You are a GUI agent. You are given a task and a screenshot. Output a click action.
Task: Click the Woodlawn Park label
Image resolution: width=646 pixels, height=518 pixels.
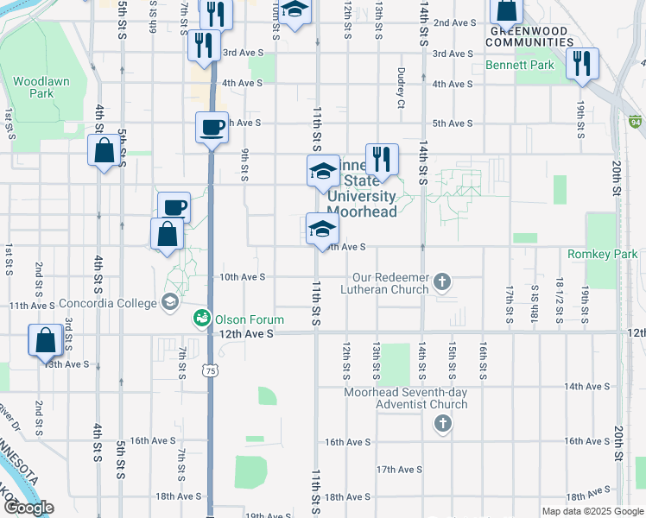(x=34, y=87)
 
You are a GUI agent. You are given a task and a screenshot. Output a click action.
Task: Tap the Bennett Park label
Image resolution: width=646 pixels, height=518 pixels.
(x=508, y=65)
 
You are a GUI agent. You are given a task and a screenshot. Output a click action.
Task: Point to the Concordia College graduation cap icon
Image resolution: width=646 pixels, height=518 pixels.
(x=170, y=303)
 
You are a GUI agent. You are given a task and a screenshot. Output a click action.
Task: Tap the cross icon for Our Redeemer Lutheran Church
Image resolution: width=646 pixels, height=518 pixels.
(x=442, y=281)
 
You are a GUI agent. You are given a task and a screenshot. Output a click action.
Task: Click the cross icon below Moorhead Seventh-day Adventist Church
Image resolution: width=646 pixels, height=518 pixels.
(x=442, y=423)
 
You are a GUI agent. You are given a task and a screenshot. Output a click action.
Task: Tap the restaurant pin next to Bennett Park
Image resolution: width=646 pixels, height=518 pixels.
(x=582, y=63)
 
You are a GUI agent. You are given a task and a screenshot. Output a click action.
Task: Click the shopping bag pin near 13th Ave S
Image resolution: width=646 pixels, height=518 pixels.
(x=45, y=341)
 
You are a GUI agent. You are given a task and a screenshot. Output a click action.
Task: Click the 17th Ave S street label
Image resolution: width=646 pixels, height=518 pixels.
(x=398, y=470)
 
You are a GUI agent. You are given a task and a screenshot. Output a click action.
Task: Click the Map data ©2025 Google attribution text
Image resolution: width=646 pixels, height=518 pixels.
(x=592, y=511)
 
